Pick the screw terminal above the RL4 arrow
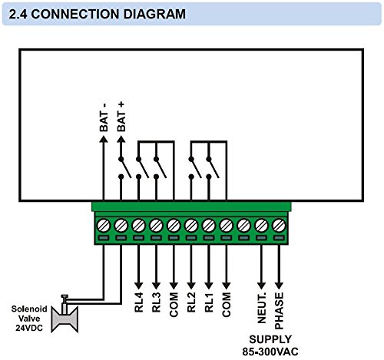click(138, 226)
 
